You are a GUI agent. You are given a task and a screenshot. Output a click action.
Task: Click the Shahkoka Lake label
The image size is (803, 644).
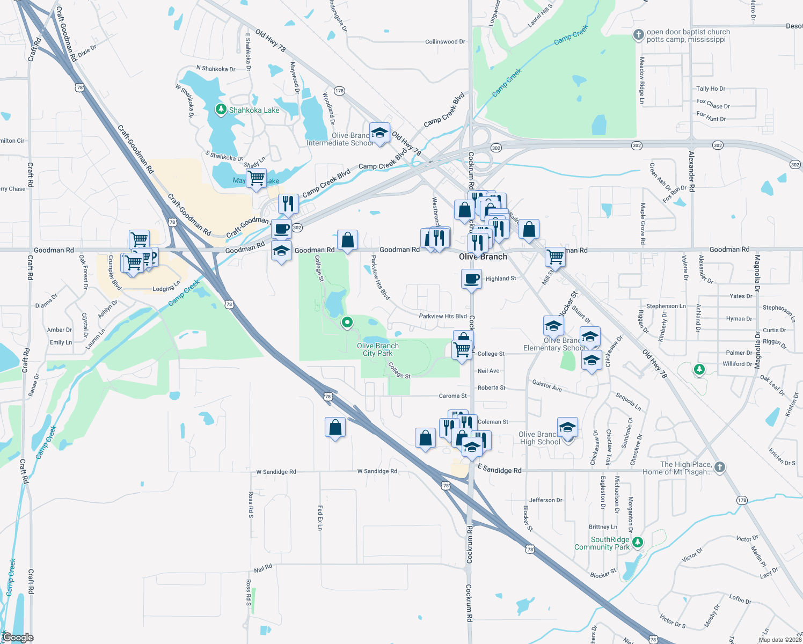tap(254, 110)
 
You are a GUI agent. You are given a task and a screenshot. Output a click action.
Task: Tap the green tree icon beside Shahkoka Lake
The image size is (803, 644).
tap(221, 109)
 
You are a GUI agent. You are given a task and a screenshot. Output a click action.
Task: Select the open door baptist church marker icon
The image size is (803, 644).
tap(638, 35)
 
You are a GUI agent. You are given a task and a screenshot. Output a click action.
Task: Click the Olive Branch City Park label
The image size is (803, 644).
tap(378, 349)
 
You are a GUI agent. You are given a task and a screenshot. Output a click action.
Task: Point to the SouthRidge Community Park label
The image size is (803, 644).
tap(602, 543)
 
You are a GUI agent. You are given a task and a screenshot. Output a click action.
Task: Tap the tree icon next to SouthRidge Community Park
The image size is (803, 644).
tap(637, 542)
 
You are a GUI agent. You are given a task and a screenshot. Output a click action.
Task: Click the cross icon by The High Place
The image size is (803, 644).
tap(720, 467)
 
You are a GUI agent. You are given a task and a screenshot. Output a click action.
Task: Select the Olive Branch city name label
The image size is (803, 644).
tap(483, 257)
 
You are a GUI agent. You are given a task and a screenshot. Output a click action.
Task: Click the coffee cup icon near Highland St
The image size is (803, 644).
tap(471, 279)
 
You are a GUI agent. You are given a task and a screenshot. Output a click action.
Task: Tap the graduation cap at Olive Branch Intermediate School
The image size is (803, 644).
tap(379, 133)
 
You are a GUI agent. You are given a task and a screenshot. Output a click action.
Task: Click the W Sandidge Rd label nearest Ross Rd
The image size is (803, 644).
tap(276, 472)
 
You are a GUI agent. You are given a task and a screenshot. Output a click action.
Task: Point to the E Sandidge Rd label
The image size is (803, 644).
tap(499, 470)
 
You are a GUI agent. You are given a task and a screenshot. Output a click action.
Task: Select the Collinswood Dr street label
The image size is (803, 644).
tap(445, 41)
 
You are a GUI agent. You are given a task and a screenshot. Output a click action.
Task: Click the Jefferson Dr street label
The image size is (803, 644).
tap(546, 500)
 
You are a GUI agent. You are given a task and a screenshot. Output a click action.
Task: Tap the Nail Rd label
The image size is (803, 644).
tap(263, 568)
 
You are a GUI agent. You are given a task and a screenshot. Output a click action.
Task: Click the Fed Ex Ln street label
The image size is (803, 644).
tap(320, 517)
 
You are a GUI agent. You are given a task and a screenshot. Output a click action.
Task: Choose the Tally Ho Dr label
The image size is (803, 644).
tap(710, 89)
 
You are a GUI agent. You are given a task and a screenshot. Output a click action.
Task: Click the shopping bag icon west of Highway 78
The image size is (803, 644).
tap(335, 428)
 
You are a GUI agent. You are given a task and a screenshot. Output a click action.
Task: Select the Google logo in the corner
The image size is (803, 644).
tap(18, 638)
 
